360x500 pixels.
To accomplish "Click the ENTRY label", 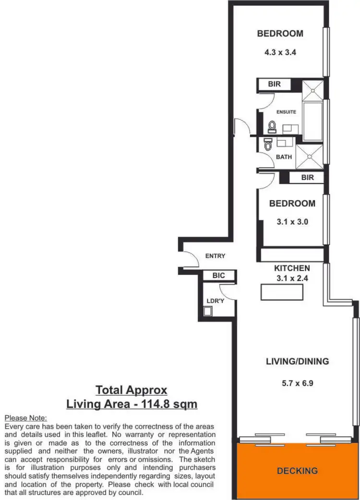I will pyautogui.click(x=215, y=256).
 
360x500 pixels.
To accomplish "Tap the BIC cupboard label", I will pyautogui.click(x=218, y=276).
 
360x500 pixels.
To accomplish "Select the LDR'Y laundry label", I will pyautogui.click(x=215, y=301).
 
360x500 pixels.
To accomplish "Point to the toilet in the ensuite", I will pyautogui.click(x=272, y=127).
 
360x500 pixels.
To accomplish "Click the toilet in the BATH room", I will pyautogui.click(x=268, y=143).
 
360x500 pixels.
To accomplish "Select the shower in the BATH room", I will pyautogui.click(x=310, y=156).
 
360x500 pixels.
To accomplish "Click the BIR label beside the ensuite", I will pyautogui.click(x=274, y=84).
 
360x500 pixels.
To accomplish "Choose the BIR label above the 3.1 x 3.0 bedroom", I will pyautogui.click(x=307, y=178).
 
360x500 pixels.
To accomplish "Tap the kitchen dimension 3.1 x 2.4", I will pyautogui.click(x=292, y=278).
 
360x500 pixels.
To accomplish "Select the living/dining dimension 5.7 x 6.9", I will pyautogui.click(x=297, y=383).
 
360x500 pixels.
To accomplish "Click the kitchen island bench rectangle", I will pyautogui.click(x=282, y=292).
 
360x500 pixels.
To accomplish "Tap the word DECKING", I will pyautogui.click(x=297, y=471).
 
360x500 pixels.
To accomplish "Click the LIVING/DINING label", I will pyautogui.click(x=298, y=361).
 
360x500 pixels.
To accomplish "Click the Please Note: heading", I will pyautogui.click(x=25, y=418).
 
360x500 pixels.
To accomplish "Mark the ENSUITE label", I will pyautogui.click(x=286, y=112).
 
